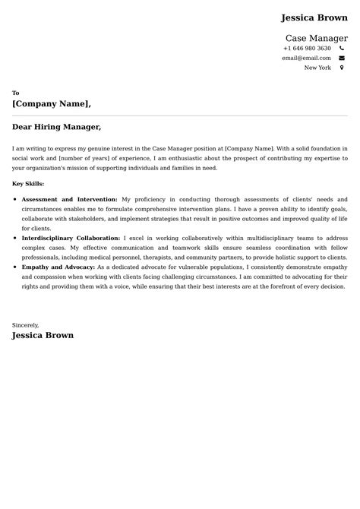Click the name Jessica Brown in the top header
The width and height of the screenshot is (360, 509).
coord(314,17)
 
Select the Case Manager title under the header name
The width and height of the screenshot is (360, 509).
coord(316,38)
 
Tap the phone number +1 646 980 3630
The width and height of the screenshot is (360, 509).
coord(307,49)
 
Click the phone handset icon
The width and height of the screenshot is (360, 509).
coord(342,49)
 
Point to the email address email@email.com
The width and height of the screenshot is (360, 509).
coord(306,58)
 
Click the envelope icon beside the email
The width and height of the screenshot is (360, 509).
coord(342,58)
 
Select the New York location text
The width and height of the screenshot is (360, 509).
coord(317,68)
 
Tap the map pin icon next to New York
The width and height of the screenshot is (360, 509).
coord(342,68)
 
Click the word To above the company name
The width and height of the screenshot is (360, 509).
coord(16,93)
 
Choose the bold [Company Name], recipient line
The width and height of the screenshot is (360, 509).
coord(52,103)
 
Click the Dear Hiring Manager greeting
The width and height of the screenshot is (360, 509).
coord(56,127)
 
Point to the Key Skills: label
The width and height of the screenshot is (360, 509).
coord(28,183)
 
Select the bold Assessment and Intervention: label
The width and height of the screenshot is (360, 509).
coord(69,199)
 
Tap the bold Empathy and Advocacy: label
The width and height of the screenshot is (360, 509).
coord(58,267)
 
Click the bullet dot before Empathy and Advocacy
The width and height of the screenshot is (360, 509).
coord(15,267)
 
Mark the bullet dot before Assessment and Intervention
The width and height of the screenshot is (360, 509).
coord(15,199)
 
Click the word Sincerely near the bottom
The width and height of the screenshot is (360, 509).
coord(25,324)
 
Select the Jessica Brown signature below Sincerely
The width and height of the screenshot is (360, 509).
coord(43,335)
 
